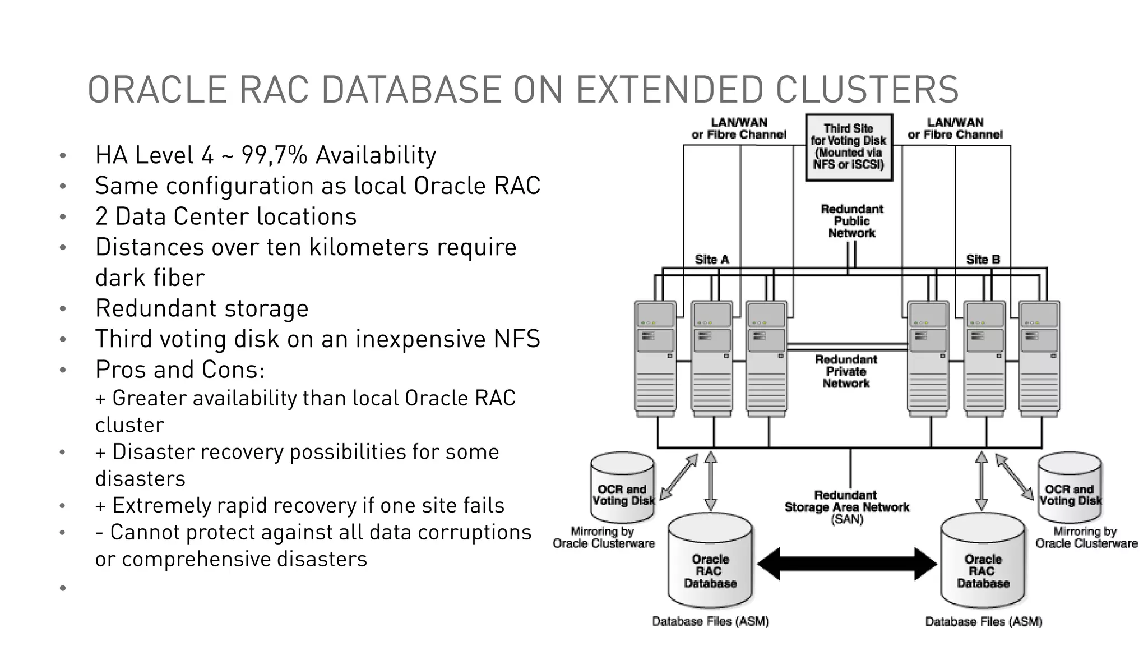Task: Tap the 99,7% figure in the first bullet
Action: pyautogui.click(x=274, y=155)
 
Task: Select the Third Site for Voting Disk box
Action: pyautogui.click(x=848, y=147)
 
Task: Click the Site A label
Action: pyautogui.click(x=711, y=259)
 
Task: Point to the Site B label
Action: pyautogui.click(x=983, y=259)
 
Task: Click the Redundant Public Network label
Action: pyautogui.click(x=851, y=221)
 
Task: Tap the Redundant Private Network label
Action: pyautogui.click(x=846, y=371)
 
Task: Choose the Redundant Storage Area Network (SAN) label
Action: pyautogui.click(x=846, y=507)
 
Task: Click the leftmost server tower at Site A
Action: pyautogui.click(x=655, y=359)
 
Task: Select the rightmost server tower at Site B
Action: pyautogui.click(x=1039, y=359)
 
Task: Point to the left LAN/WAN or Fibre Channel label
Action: pyautogui.click(x=738, y=128)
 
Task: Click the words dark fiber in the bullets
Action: pyautogui.click(x=150, y=278)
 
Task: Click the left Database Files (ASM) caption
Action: pyautogui.click(x=710, y=621)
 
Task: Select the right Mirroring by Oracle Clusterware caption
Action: pyautogui.click(x=1086, y=537)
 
